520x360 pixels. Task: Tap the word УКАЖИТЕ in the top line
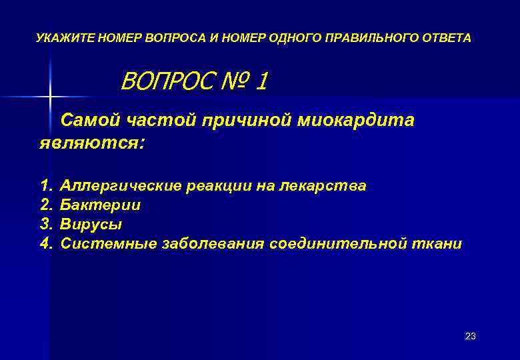[65, 38]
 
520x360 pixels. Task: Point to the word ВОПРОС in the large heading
[164, 82]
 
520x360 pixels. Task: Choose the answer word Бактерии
[101, 205]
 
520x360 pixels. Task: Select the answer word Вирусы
[91, 224]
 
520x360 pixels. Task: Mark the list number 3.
[45, 224]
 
